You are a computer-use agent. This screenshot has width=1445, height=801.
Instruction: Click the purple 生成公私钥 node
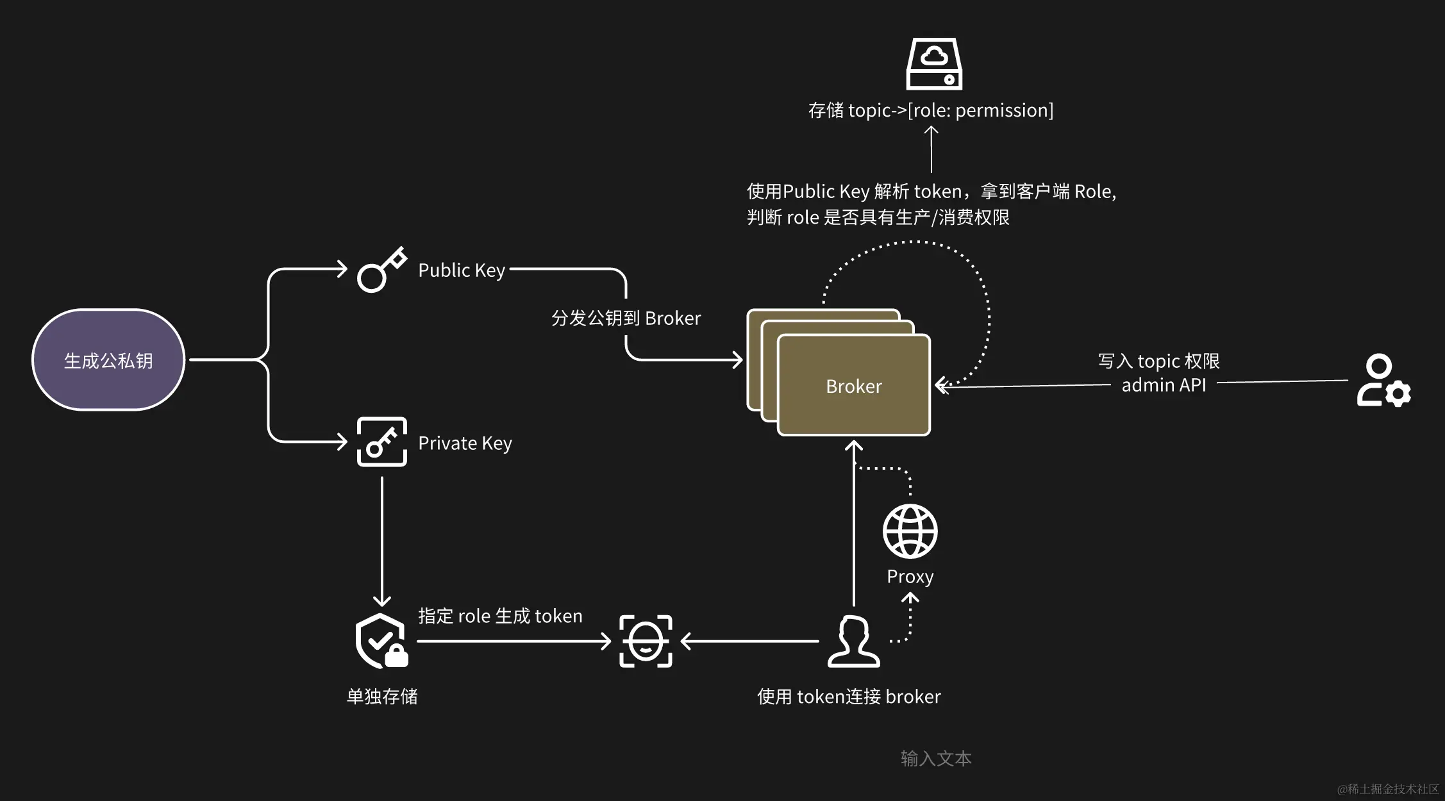click(x=108, y=360)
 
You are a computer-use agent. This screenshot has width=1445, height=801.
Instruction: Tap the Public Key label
click(x=462, y=270)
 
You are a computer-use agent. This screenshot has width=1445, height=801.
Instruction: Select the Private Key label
click(x=465, y=443)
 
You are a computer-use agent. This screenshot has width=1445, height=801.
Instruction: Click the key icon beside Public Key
click(x=381, y=270)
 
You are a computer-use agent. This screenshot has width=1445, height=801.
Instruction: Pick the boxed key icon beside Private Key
click(x=381, y=442)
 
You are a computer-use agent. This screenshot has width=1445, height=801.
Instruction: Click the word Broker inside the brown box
click(x=853, y=386)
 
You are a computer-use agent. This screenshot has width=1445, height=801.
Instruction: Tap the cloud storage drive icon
click(x=934, y=64)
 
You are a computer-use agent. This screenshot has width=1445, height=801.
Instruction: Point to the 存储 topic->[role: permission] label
click(x=930, y=110)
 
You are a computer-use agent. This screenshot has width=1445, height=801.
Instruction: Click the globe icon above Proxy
click(x=910, y=531)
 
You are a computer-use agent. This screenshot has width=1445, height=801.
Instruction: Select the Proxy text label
click(x=910, y=577)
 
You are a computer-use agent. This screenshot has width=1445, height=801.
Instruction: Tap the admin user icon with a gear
click(x=1383, y=381)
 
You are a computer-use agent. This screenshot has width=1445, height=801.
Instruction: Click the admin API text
click(x=1164, y=385)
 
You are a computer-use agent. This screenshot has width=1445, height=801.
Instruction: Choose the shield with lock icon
click(x=381, y=641)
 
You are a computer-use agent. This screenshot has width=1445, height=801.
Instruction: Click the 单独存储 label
click(x=382, y=697)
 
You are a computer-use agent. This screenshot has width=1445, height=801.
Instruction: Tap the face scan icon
click(x=646, y=641)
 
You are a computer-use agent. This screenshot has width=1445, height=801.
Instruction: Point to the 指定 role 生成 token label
click(x=500, y=616)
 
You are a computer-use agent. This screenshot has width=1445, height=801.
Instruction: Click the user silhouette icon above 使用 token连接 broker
click(x=853, y=641)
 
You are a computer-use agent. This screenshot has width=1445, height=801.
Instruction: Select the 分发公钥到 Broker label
click(x=626, y=318)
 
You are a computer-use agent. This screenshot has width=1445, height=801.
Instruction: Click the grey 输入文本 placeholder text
click(x=936, y=759)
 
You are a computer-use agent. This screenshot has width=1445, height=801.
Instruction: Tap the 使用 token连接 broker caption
click(x=849, y=697)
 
